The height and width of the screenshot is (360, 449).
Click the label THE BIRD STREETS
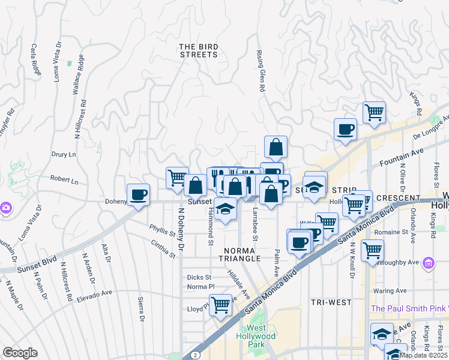[198, 50]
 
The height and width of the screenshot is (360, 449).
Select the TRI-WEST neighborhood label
[331, 302]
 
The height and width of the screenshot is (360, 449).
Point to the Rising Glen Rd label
[261, 71]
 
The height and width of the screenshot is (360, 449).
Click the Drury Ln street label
[64, 154]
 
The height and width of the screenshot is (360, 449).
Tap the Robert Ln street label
[64, 179]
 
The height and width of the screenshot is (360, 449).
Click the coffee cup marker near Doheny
[139, 195]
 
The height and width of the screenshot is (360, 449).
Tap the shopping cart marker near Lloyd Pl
[221, 304]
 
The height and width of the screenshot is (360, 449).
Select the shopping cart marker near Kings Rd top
[374, 112]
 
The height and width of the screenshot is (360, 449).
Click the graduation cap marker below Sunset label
[225, 209]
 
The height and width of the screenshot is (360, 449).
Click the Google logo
[20, 353]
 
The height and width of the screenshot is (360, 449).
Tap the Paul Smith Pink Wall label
[409, 308]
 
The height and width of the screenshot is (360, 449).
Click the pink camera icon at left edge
[5, 208]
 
